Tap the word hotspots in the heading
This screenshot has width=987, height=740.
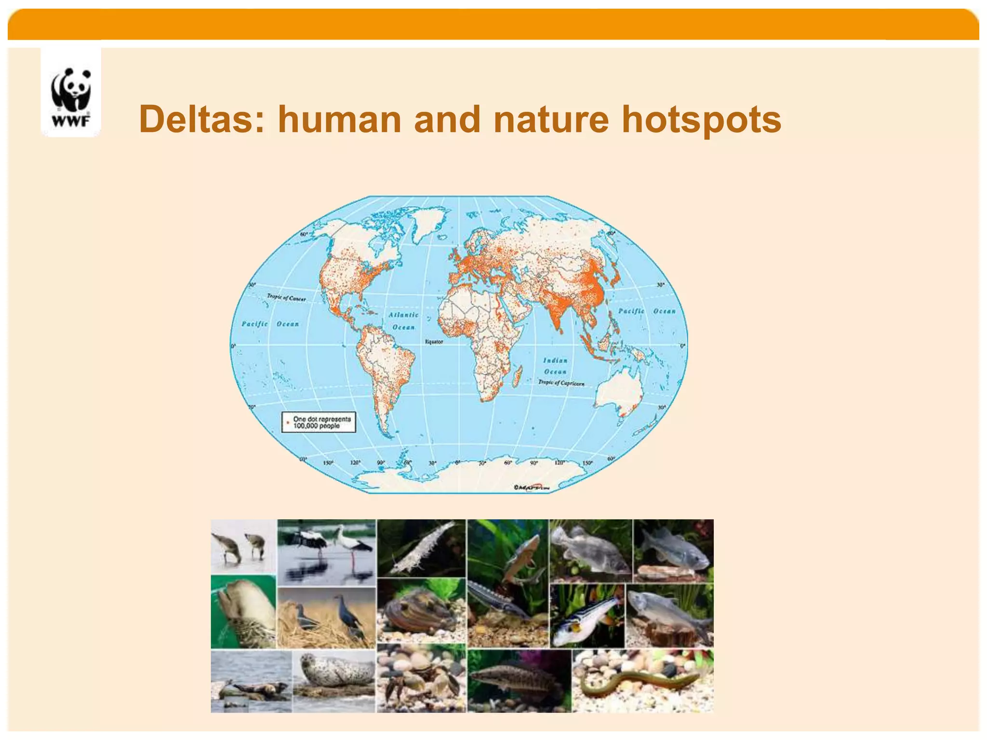click(x=701, y=119)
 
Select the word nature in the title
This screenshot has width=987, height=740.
click(x=551, y=119)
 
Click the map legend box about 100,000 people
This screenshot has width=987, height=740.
click(x=319, y=422)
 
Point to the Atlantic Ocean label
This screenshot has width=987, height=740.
click(x=404, y=321)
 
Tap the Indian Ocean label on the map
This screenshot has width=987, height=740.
click(x=555, y=366)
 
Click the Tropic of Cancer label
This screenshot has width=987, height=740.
click(x=287, y=297)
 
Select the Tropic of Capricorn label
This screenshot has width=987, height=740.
click(x=561, y=383)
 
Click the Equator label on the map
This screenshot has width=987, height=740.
click(x=434, y=342)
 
